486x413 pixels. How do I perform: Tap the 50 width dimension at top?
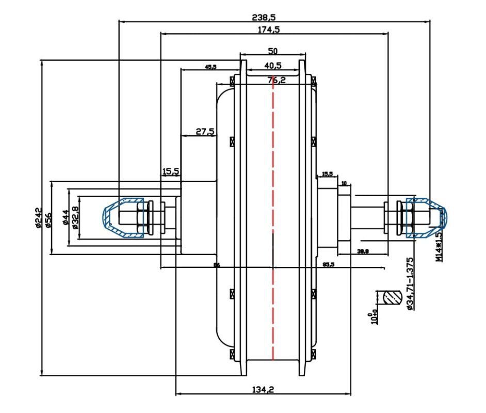273,51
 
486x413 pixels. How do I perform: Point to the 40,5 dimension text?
272,66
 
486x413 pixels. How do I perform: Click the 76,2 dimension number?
276,80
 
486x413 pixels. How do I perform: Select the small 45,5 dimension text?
210,67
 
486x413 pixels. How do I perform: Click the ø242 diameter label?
38,218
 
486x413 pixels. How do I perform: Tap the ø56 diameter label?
48,218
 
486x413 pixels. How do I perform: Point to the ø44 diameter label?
66,217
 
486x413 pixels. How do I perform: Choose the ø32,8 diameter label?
75,217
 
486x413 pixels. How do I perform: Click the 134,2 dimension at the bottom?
263,390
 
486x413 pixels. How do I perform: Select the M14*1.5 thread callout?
439,247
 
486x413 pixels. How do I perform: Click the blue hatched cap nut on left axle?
123,217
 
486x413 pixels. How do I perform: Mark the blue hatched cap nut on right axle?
426,217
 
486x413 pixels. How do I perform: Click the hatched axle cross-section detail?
392,298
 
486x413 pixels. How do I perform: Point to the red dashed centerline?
273,222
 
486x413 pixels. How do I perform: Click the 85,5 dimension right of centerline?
328,264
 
